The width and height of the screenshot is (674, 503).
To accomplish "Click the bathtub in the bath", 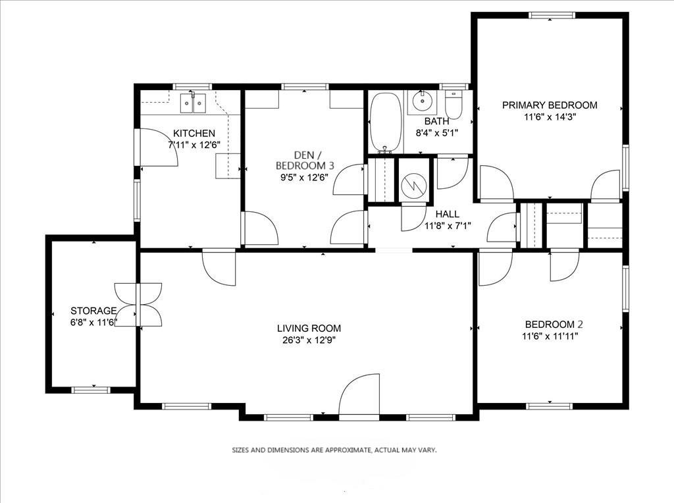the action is pos(386,123).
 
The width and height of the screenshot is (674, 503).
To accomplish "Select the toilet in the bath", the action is pos(453,103).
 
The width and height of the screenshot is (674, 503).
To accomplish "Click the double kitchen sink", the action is pos(193,103).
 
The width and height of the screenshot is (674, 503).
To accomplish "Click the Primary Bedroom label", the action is pos(550,105).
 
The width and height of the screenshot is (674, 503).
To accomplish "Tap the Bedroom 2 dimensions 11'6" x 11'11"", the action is pos(550,336).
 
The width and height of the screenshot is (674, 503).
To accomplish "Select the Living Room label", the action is pos(309,329).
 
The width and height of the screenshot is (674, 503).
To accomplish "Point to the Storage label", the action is pos(93,310).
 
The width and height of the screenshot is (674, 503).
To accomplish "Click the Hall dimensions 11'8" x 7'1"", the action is pos(448,225).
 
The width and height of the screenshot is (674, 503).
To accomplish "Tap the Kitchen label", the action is pos(194,133).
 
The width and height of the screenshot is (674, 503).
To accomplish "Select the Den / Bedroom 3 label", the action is pos(305,160).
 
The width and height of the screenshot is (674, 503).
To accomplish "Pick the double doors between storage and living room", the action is pos(138,305).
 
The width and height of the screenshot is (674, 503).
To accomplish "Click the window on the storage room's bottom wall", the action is pos(91,390).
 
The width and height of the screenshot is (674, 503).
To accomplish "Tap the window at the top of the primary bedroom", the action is pos(552,15).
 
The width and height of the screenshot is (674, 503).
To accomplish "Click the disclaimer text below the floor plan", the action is pos(334,450).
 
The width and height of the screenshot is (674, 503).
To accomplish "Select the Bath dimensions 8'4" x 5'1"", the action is pos(437,133).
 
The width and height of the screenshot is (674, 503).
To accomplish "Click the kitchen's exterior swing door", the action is pos(157,147).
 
